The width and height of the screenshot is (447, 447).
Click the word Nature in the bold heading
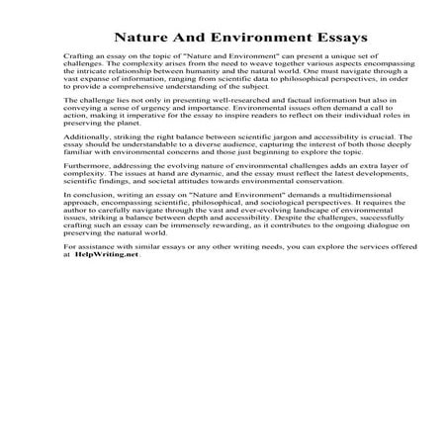pos(142,37)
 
